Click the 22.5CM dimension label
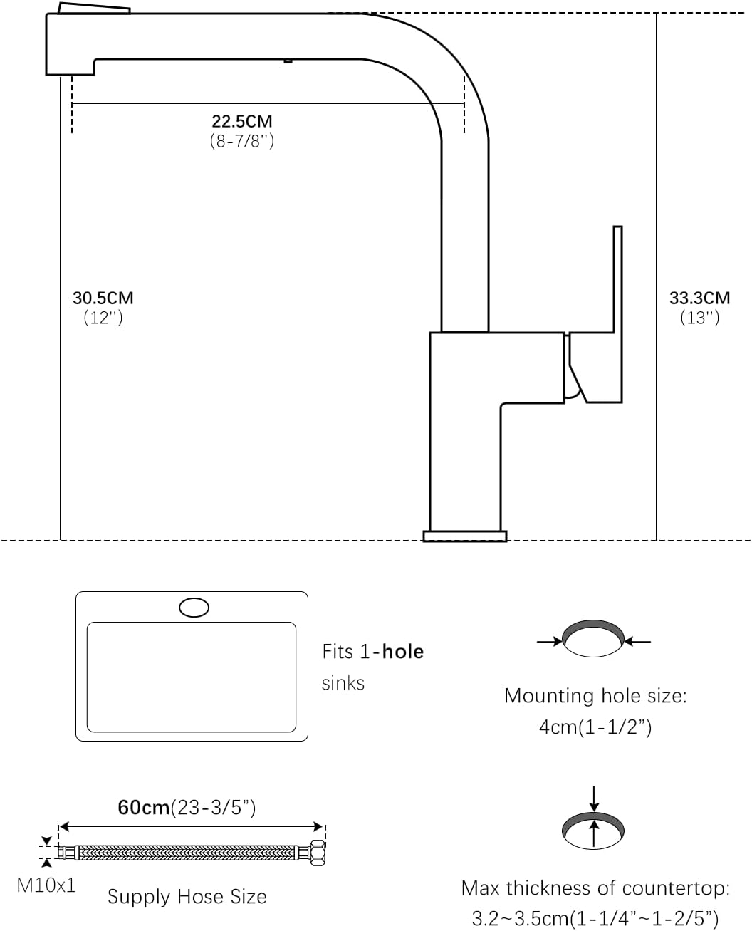[x=241, y=121]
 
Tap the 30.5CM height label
[x=103, y=298]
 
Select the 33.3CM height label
[x=699, y=298]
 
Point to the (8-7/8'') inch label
[x=241, y=141]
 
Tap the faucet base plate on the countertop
[x=465, y=536]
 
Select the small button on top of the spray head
[x=94, y=8]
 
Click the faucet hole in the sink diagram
[x=194, y=607]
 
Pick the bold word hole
[x=403, y=652]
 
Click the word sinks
[x=343, y=683]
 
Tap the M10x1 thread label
[x=46, y=885]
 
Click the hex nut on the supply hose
[x=317, y=853]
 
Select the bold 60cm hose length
[x=144, y=807]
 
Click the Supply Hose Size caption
[x=187, y=897]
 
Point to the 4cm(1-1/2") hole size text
[x=595, y=727]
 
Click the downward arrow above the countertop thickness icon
[x=594, y=799]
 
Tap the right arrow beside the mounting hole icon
[x=637, y=642]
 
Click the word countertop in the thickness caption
[x=676, y=888]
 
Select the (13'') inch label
[x=699, y=317]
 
